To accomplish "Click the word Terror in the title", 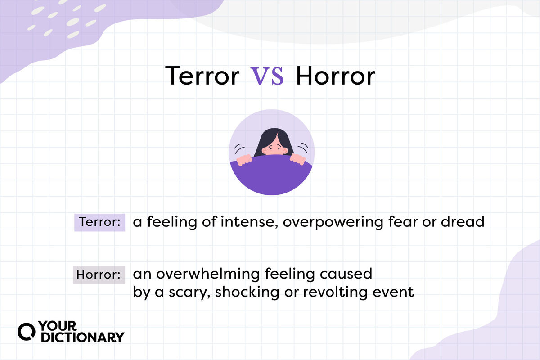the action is tap(202, 76).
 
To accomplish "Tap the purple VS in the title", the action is tap(267, 76).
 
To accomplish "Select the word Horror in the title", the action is tap(335, 76).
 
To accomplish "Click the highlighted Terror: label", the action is tap(99, 222).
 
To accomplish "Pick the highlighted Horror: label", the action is tap(99, 275).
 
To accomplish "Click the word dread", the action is tap(463, 221).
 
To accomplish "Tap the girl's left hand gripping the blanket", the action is tap(298, 159).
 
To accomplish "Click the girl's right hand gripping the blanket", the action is tap(244, 160).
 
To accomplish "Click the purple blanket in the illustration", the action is tap(271, 175).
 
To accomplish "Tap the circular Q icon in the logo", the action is tap(26, 332).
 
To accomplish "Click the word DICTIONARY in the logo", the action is tap(83, 337).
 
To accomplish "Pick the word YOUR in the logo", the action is tap(58, 326).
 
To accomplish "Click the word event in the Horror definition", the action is tap(393, 292).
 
